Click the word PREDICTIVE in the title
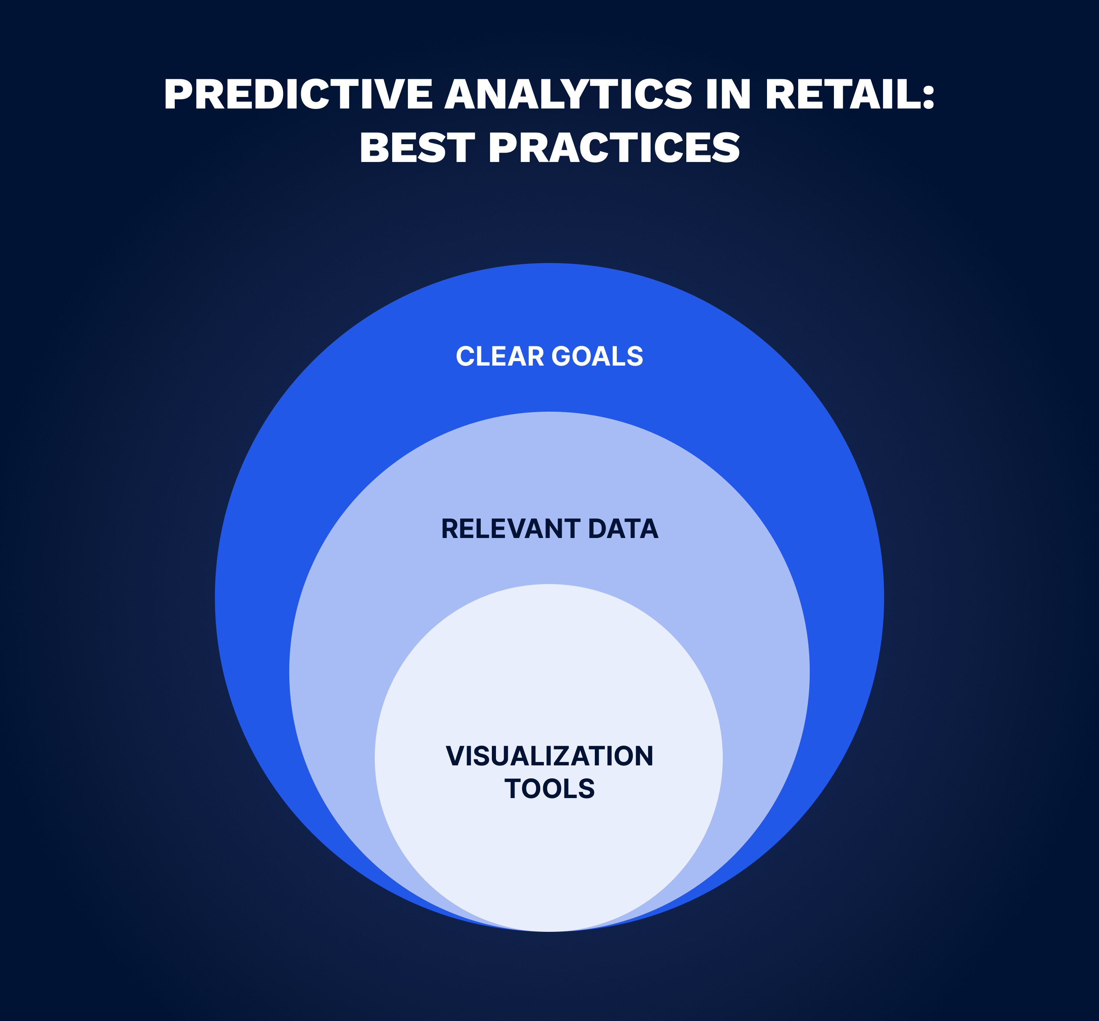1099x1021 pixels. (298, 94)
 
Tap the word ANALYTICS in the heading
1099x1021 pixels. (569, 94)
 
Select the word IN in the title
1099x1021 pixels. (728, 94)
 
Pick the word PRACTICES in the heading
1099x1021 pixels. (614, 148)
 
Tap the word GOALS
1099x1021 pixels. (597, 356)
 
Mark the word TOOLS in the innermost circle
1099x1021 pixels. (549, 788)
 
